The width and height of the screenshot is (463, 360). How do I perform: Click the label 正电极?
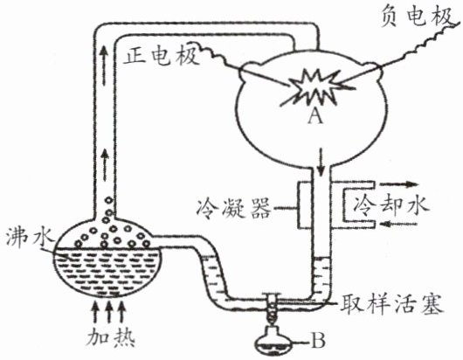point(162,57)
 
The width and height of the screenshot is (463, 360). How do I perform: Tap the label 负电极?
point(417,17)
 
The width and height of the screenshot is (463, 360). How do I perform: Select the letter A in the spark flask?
point(315,117)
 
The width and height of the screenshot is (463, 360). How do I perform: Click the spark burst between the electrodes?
point(314,87)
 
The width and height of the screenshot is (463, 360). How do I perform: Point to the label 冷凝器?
point(233,207)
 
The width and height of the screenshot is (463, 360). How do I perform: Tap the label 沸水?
point(29,238)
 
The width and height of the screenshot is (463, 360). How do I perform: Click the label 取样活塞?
point(392,303)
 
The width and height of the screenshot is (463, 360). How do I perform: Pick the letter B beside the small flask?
point(318,341)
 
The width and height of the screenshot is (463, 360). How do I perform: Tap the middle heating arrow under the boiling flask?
point(108,312)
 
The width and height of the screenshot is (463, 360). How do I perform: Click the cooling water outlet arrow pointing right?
point(399,185)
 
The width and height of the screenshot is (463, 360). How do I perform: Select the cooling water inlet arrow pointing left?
point(398,225)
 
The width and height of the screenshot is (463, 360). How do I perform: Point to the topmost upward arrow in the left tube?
point(103,66)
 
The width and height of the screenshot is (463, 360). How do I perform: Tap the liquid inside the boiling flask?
point(107,273)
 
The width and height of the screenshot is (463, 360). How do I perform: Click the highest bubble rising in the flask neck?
point(109,200)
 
